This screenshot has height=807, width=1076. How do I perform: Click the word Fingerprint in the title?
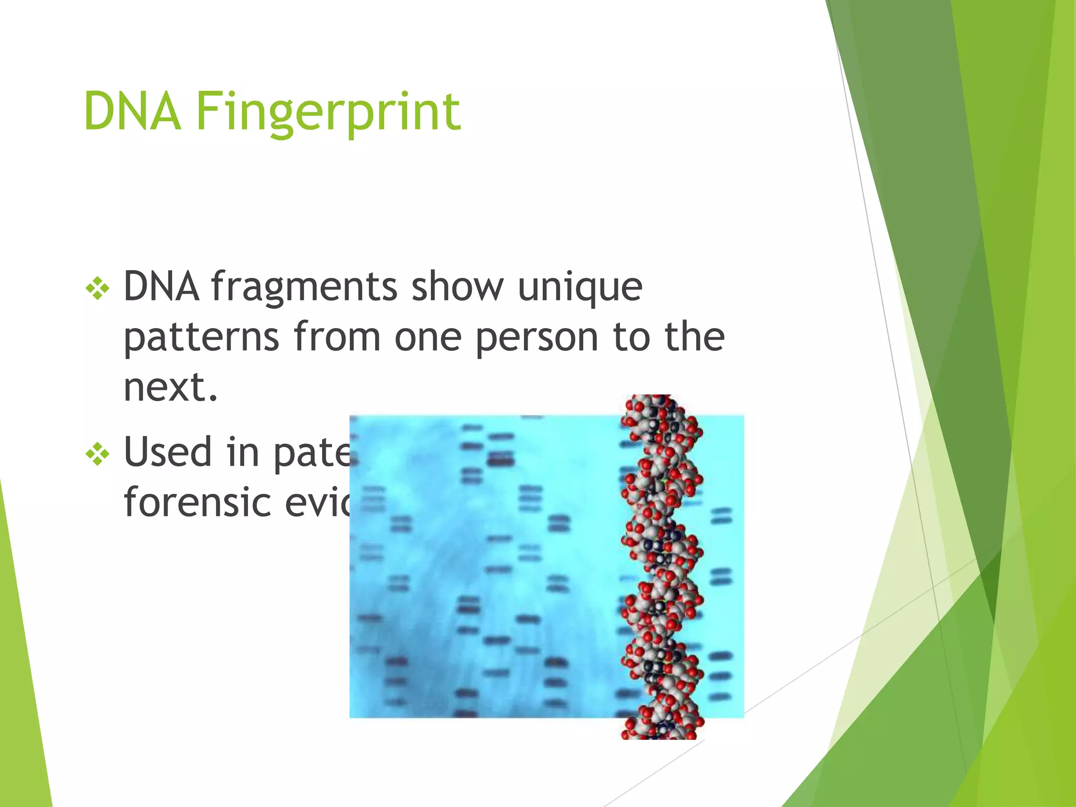pos(328,111)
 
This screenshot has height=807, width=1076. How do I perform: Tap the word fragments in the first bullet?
pos(304,288)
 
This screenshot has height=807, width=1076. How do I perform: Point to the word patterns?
pos(201,338)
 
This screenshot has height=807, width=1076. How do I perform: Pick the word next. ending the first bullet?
pos(170,387)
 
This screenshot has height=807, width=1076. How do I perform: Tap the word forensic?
pos(197,502)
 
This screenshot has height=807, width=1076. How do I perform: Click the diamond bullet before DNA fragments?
pos(98,289)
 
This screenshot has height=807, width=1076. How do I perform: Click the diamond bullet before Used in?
pos(98,454)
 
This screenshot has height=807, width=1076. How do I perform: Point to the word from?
pos(337,337)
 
